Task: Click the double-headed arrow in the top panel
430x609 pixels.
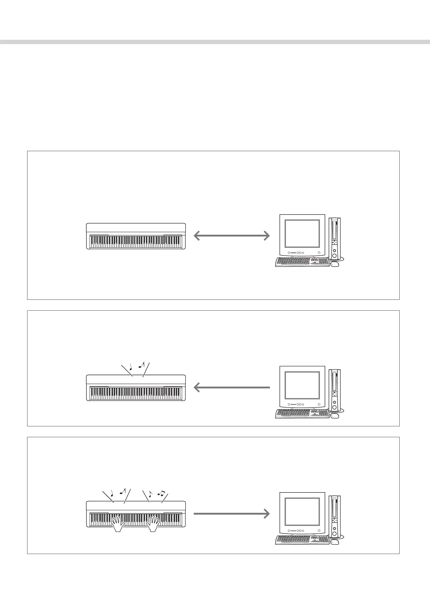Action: [x=232, y=236]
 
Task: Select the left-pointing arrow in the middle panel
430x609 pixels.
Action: [x=232, y=387]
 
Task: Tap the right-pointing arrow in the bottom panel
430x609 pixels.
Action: [x=232, y=513]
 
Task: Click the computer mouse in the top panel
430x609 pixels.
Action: [x=335, y=264]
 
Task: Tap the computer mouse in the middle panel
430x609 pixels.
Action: [x=335, y=416]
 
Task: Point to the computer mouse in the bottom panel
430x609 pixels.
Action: [x=335, y=542]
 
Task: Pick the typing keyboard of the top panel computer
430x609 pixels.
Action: [x=302, y=262]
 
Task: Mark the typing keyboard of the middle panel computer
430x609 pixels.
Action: [x=302, y=414]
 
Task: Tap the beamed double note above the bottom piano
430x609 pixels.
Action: [x=161, y=493]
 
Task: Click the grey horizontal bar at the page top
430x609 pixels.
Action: [x=215, y=42]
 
